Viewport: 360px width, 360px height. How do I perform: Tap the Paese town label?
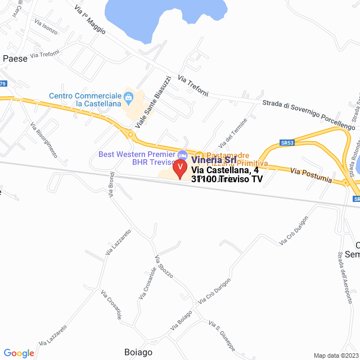(15, 58)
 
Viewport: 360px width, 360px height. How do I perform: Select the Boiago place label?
(138, 352)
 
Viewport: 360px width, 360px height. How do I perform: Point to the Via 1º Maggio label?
(90, 20)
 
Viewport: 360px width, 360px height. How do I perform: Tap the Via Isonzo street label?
(46, 27)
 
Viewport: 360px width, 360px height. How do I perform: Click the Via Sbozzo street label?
(164, 267)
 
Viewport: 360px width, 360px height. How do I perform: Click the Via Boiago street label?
(181, 325)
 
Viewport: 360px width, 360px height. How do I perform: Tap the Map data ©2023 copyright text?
(335, 355)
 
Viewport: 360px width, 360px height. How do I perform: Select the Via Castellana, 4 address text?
(225, 170)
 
